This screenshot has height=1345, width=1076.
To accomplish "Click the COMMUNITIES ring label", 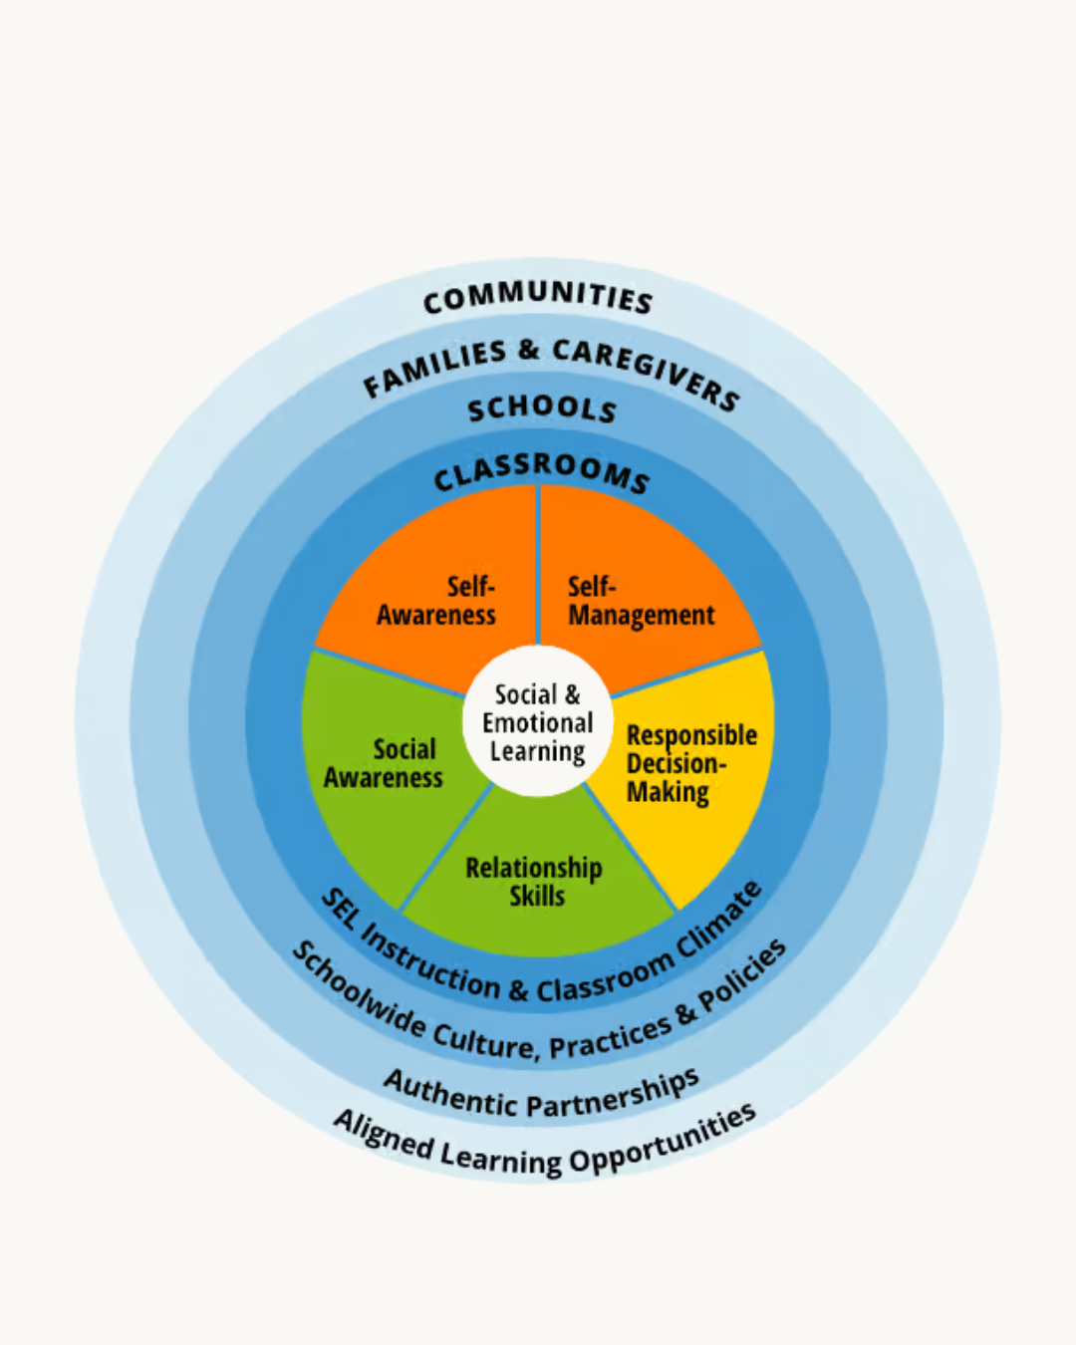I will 538,296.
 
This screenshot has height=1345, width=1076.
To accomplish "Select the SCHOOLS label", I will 542,408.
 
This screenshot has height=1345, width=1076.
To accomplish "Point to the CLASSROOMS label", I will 541,472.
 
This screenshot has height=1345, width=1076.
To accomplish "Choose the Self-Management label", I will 641,601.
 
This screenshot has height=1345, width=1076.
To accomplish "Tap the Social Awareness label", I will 384,763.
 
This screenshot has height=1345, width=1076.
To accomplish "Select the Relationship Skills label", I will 535,882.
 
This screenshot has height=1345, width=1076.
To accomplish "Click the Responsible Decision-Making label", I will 689,763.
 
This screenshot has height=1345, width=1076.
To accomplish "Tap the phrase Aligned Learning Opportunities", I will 544,1146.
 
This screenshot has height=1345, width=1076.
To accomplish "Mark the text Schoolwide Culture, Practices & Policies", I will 539,1016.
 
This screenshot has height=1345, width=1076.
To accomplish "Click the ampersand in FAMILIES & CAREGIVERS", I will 529,351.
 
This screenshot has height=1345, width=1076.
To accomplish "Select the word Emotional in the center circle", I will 538,722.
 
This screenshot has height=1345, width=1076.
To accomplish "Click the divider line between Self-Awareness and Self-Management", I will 538,563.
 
